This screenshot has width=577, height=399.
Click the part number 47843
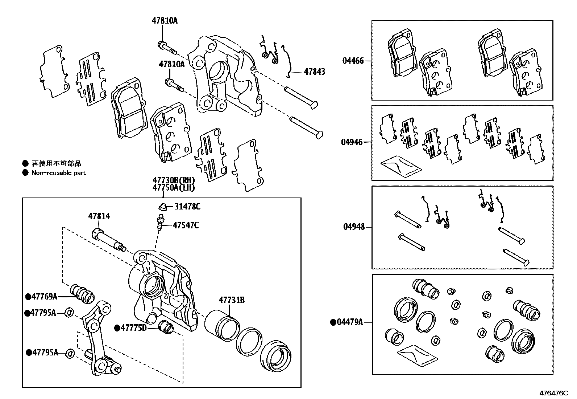[x=314, y=72]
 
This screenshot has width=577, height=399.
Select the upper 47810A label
[x=165, y=21]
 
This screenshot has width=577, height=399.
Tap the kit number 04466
[x=353, y=61]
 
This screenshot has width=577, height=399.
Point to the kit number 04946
[x=351, y=142]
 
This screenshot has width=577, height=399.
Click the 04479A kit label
[x=349, y=322]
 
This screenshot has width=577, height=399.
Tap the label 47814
[x=99, y=216]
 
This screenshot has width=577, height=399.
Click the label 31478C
[x=187, y=207]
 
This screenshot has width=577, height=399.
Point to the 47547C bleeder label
[x=186, y=225]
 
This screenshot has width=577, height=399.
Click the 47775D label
[x=133, y=328]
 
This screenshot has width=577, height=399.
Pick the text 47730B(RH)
[x=174, y=180]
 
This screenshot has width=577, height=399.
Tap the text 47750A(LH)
[x=174, y=188]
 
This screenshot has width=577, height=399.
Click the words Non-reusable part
[x=58, y=173]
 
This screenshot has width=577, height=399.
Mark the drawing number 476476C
[x=554, y=393]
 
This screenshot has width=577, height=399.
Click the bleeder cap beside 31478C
[x=162, y=207]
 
